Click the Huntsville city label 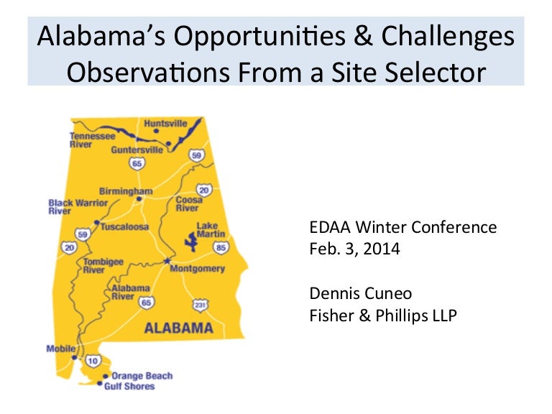point(165,124)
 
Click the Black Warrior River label point(77,207)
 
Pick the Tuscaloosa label point(124,226)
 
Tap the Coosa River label point(188,204)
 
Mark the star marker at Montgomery point(167,260)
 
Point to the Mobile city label point(60,349)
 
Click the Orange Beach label point(142,376)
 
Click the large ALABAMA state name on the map point(179,328)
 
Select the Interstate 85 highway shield point(221,248)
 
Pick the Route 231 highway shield point(200,305)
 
